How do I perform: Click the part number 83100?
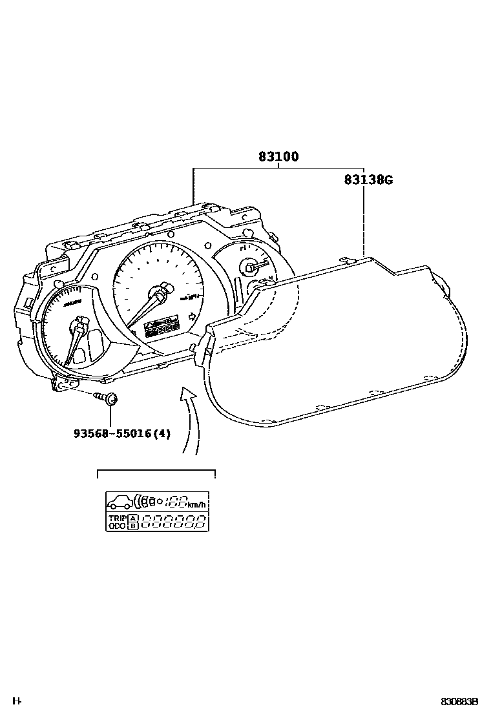click(x=278, y=156)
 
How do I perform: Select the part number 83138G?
click(x=368, y=180)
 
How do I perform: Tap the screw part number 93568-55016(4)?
click(x=122, y=433)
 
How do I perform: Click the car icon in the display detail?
click(x=120, y=501)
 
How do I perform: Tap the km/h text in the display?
click(x=197, y=504)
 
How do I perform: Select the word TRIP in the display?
click(x=117, y=518)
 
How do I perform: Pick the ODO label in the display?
click(x=117, y=526)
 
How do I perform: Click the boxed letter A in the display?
click(x=133, y=518)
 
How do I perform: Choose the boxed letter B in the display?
click(x=133, y=526)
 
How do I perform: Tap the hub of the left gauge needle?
click(x=81, y=321)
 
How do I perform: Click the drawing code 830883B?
click(x=459, y=702)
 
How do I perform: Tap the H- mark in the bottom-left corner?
click(x=17, y=701)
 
